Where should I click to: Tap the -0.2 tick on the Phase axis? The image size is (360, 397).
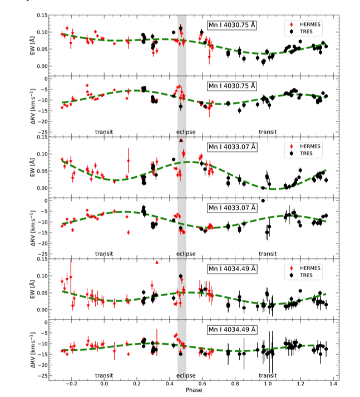pos(71,384)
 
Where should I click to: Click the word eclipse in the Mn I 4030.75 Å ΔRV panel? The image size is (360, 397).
pos(186,132)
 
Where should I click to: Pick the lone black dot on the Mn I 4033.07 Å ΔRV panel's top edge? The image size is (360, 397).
pos(263,200)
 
